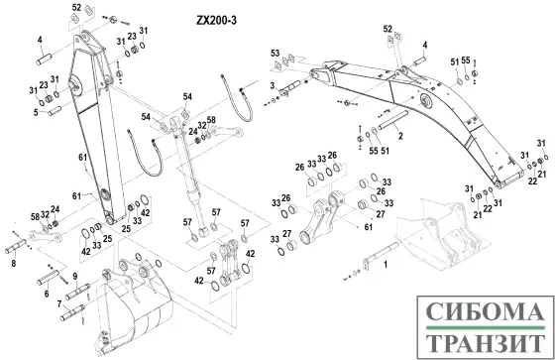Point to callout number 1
coord(387,266)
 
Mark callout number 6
coord(45,294)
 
